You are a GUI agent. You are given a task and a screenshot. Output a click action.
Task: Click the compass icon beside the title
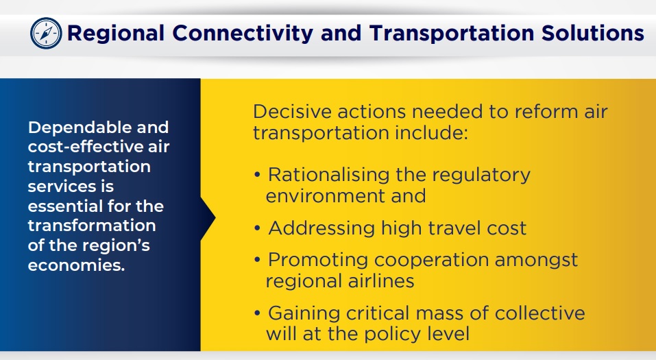[46, 33]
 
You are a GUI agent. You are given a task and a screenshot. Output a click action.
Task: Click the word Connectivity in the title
[243, 34]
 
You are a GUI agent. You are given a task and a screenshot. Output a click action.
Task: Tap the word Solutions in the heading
[592, 33]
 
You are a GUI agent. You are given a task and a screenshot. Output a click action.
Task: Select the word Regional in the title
[116, 34]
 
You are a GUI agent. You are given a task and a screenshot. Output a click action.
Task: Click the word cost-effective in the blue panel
[75, 147]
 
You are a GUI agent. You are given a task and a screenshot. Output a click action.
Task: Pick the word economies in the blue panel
[77, 265]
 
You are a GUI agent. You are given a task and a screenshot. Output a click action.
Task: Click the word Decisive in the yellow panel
[292, 112]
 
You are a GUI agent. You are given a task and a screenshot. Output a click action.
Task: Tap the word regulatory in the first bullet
[483, 176]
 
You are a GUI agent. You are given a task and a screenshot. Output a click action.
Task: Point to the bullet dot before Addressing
[257, 228]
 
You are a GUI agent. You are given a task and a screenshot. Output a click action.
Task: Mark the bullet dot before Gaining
[257, 313]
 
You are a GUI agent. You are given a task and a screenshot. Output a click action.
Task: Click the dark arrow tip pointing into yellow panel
[215, 217]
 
